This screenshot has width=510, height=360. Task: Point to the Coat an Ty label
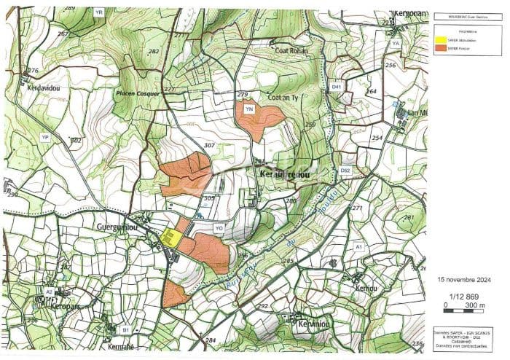(284, 98)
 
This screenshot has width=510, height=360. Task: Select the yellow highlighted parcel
(170, 238)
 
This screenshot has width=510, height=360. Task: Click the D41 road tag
(336, 87)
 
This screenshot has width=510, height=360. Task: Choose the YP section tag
(45, 137)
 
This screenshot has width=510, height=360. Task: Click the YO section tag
(218, 228)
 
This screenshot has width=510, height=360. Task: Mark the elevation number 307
(209, 145)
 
